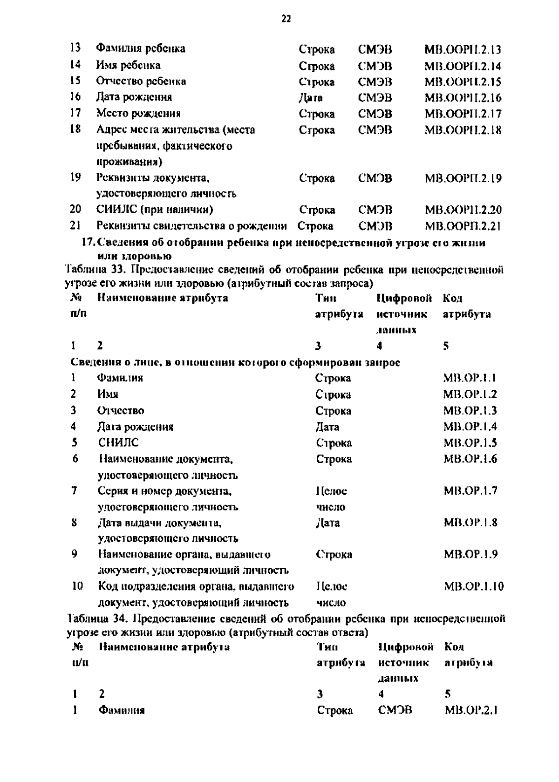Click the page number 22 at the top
(x=286, y=19)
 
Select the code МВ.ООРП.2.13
(x=463, y=49)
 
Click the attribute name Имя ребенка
(x=128, y=65)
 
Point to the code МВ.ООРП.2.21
(x=463, y=226)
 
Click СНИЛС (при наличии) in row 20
(x=155, y=210)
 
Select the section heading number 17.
(x=88, y=243)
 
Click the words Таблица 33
(x=95, y=270)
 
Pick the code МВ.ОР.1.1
(x=469, y=378)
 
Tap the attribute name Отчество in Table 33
(x=121, y=410)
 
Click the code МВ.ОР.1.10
(x=474, y=586)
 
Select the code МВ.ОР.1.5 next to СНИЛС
(x=470, y=442)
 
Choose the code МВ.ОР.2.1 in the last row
(x=472, y=710)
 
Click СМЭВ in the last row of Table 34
(x=395, y=710)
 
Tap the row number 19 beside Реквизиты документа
(x=75, y=177)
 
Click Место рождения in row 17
(x=138, y=113)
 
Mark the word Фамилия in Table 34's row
(x=122, y=711)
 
